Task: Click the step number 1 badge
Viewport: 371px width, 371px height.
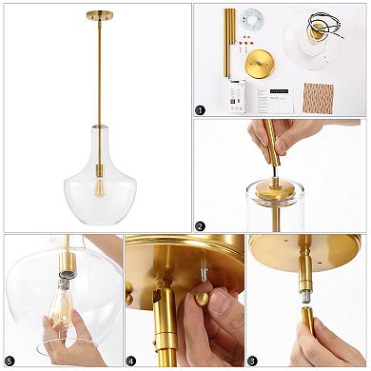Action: (200, 109)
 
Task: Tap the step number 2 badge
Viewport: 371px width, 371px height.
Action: (200, 226)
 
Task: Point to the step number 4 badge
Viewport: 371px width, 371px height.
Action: (132, 361)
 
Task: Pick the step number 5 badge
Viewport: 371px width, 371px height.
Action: (10, 361)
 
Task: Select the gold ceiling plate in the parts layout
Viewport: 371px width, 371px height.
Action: (260, 65)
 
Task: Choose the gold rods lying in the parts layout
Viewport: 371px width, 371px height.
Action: (230, 38)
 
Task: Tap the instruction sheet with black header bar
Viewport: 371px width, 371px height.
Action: (277, 96)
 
